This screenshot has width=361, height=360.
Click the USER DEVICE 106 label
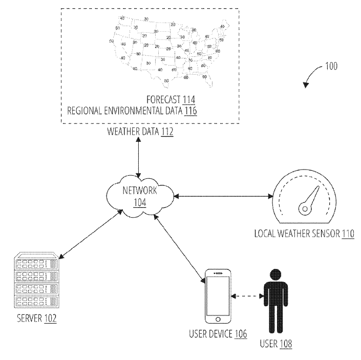pyautogui.click(x=218, y=334)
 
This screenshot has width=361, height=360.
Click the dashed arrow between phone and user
pyautogui.click(x=247, y=296)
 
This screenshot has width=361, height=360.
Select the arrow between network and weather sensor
pyautogui.click(x=222, y=196)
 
